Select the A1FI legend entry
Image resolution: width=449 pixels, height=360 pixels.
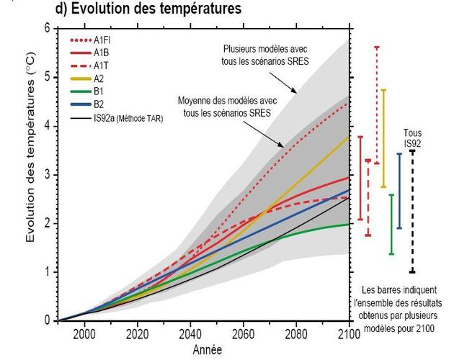(x=100, y=40)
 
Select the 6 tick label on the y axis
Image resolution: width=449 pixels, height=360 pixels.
(x=47, y=28)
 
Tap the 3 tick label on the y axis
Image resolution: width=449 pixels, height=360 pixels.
(x=47, y=174)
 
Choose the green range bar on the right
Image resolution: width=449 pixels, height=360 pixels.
(x=391, y=224)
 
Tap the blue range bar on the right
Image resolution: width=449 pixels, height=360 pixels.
(x=399, y=191)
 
